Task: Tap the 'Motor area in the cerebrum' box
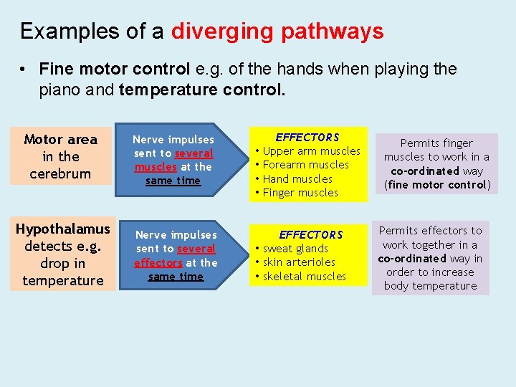(61, 156)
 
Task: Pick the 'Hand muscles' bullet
(297, 179)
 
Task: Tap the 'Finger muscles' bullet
(300, 193)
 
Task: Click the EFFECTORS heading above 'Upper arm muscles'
(307, 137)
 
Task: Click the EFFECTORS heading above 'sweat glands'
(311, 234)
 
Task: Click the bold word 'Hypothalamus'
(63, 229)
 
